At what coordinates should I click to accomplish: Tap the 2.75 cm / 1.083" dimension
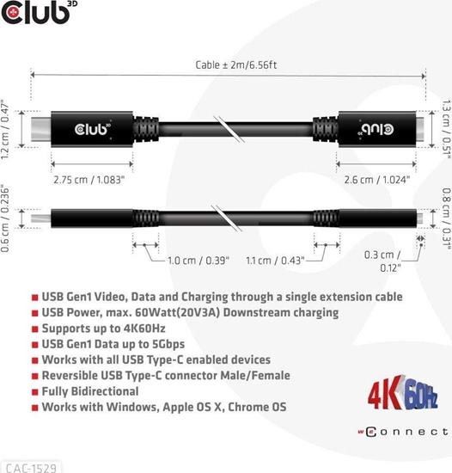pos(88,180)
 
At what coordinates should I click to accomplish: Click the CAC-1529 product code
pos(30,466)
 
